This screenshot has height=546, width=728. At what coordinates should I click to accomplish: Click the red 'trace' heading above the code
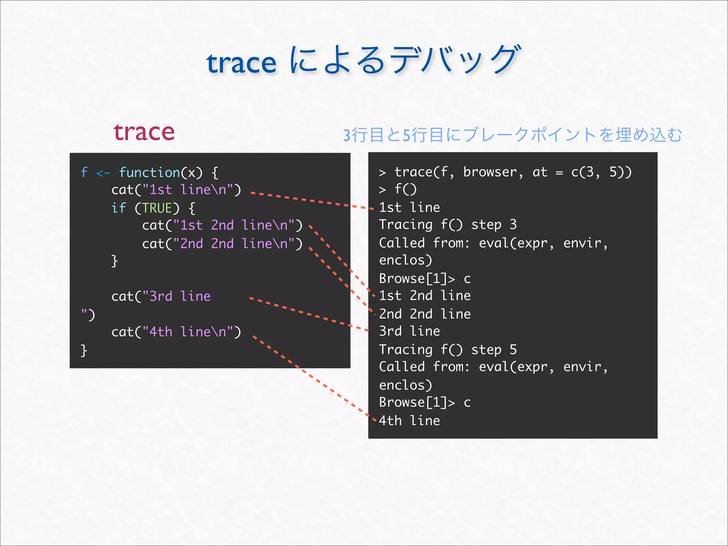[144, 132]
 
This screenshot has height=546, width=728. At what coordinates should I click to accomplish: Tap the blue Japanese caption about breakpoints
[512, 135]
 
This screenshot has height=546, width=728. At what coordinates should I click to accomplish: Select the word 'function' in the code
[150, 173]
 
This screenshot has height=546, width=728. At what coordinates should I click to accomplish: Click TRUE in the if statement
[157, 208]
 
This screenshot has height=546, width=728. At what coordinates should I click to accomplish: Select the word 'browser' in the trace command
[489, 172]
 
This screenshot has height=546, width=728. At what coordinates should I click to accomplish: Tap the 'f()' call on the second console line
[405, 189]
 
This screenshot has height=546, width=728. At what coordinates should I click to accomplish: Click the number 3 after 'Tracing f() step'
[513, 225]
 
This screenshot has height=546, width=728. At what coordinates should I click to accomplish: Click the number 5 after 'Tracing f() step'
[513, 350]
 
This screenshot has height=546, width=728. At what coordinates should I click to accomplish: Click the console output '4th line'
[409, 421]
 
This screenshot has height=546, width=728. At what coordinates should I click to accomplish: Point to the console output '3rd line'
[409, 331]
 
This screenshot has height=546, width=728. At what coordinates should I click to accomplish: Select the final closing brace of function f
[84, 350]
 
